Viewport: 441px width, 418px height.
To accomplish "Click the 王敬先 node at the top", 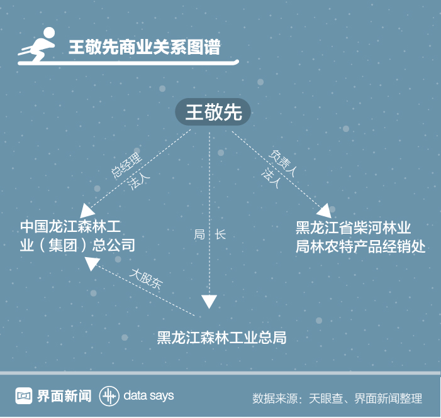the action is coord(213,113).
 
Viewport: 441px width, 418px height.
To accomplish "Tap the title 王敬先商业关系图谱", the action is coord(144,47).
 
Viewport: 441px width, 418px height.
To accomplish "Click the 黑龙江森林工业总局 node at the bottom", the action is coord(221,337).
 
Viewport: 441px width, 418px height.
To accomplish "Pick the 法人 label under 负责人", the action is coord(271,178).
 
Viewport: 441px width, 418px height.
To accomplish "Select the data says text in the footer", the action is coord(148,396).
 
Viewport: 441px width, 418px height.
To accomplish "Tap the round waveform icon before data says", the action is coord(109,396).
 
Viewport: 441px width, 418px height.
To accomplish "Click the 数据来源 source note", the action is coord(337,399).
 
